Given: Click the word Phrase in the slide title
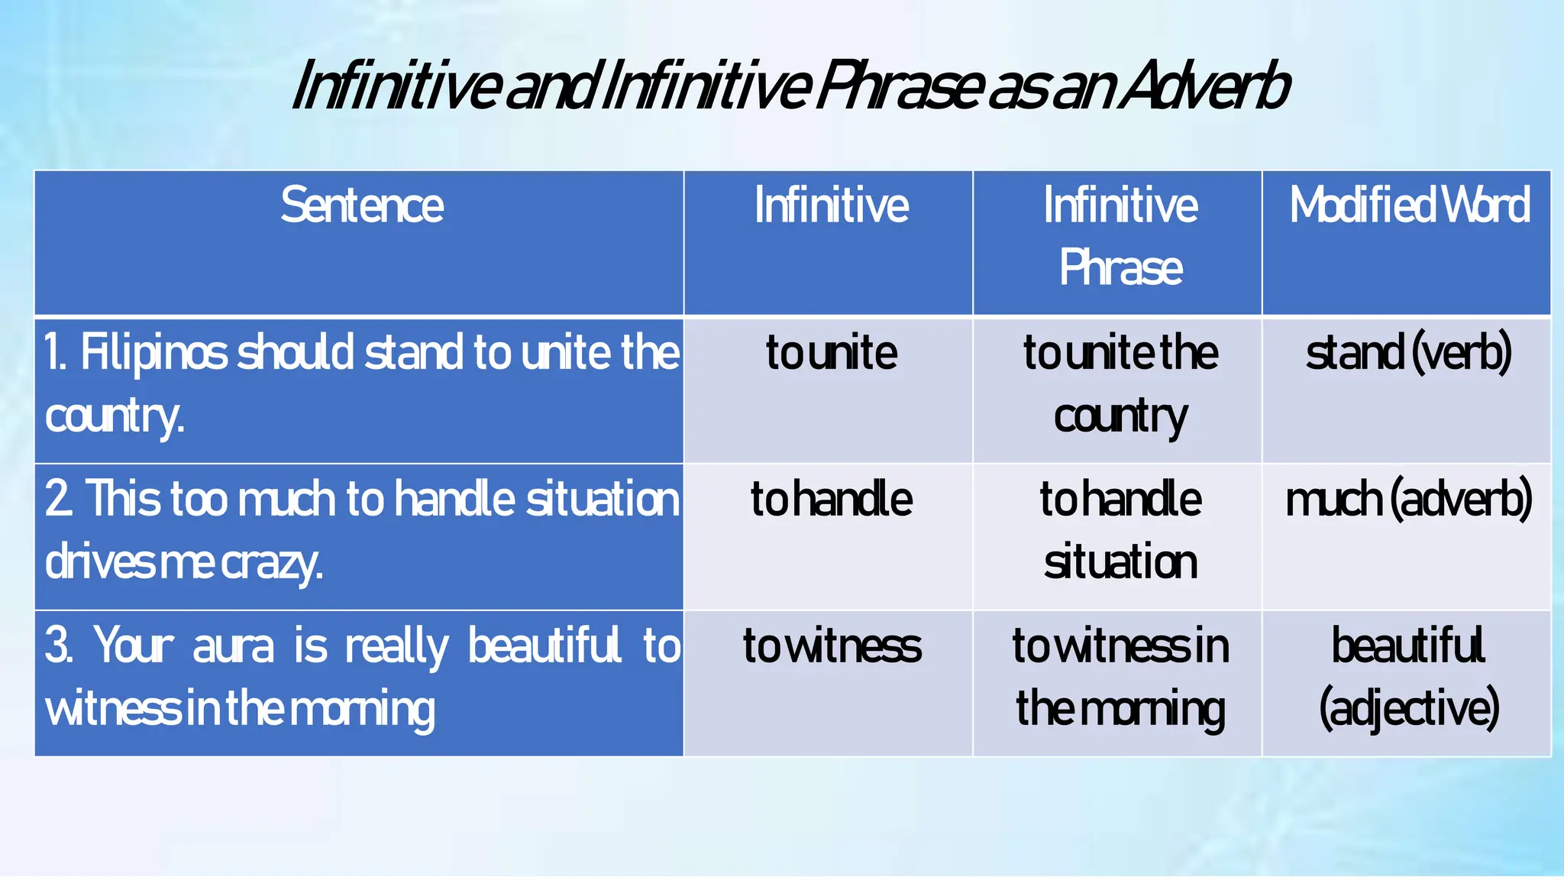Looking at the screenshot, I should coord(898,86).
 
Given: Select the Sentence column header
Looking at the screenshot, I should coord(361,205).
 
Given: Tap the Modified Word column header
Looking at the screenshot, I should coord(1409,205).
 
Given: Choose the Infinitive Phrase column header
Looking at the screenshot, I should coord(1120,236).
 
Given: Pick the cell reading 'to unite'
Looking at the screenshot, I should coord(831,353).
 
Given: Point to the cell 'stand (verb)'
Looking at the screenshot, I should coord(1408,353).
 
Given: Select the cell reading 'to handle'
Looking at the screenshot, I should coord(831,500).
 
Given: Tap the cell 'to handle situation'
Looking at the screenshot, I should coord(1120,530).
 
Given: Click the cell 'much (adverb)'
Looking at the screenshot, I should coord(1408,500).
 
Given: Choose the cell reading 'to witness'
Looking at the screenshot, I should coord(831,646).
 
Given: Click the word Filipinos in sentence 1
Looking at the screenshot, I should coord(153,353).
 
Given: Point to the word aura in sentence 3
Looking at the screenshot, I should coord(232,646).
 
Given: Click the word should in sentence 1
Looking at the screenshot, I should coord(297,353).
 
